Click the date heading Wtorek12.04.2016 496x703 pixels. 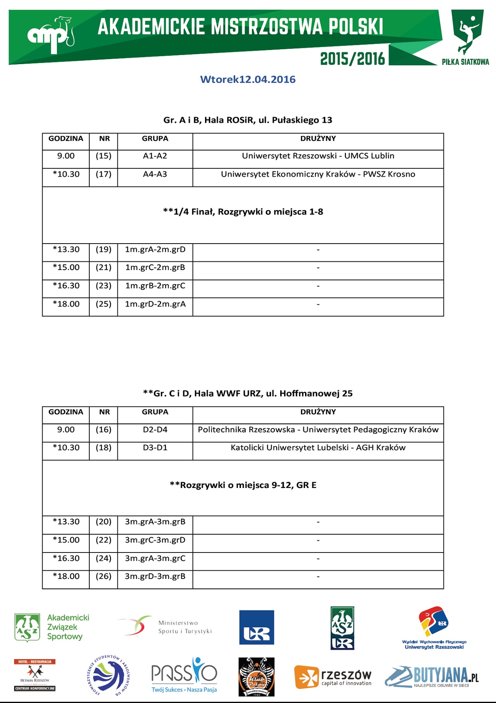click(x=248, y=79)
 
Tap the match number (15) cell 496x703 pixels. click(x=103, y=156)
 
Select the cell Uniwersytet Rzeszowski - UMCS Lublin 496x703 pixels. click(x=318, y=156)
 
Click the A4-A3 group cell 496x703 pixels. click(x=155, y=174)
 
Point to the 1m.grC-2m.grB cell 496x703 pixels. click(x=155, y=268)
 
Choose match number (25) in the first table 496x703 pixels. click(x=103, y=304)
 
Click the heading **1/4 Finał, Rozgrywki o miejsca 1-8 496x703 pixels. click(x=243, y=212)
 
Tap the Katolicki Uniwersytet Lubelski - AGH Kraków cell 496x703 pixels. click(x=318, y=447)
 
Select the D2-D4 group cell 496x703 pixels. click(x=155, y=430)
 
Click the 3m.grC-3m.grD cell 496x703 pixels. click(x=155, y=540)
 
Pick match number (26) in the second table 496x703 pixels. click(x=103, y=576)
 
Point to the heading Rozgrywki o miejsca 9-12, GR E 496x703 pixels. click(x=243, y=485)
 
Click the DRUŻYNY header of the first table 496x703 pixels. click(x=318, y=139)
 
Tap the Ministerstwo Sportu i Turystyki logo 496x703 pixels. click(x=165, y=627)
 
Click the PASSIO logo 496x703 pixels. click(x=184, y=675)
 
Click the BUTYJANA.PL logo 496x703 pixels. click(x=432, y=677)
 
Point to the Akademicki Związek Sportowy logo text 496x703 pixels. click(x=68, y=627)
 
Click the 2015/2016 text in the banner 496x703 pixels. click(x=353, y=59)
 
